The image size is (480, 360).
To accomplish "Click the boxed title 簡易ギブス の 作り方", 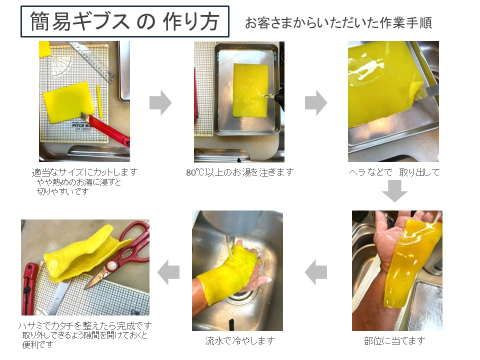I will click(x=124, y=21).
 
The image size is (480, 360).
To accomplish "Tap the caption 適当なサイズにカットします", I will click(x=84, y=172).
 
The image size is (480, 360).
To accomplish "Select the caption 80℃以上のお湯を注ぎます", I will click(x=239, y=172).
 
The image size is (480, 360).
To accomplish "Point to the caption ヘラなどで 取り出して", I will click(x=394, y=172).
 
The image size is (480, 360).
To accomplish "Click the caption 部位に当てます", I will click(x=394, y=341).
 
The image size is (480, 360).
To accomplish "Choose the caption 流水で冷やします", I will click(x=240, y=341).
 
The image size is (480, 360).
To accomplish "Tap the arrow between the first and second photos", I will click(x=160, y=103).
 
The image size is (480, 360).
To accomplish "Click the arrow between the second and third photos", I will click(x=316, y=103).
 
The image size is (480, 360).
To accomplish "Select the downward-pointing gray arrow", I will click(x=394, y=190).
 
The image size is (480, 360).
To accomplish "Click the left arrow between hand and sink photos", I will click(x=316, y=272).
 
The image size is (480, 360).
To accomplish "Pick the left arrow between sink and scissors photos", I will click(x=168, y=272).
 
